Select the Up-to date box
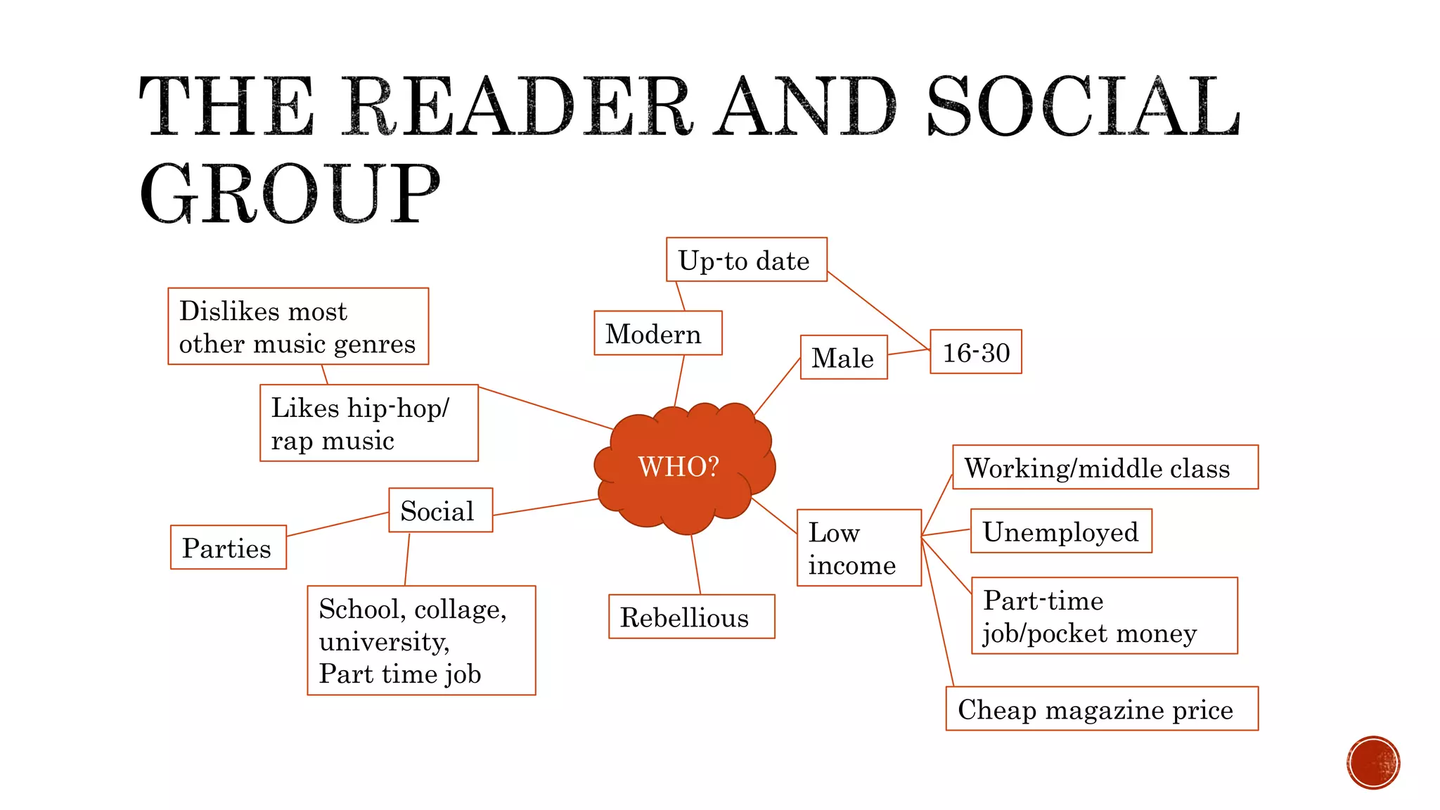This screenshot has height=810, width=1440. tap(746, 260)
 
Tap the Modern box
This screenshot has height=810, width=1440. tap(657, 333)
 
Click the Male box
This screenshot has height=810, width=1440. tap(843, 357)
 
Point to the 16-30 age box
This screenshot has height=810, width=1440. tap(975, 352)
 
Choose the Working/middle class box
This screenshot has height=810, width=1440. tap(1105, 467)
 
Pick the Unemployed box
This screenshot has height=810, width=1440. tap(1060, 531)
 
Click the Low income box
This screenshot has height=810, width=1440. tap(859, 548)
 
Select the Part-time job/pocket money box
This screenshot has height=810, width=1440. tap(1104, 616)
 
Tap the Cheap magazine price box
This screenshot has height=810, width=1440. tap(1101, 709)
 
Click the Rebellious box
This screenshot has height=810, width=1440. tap(691, 617)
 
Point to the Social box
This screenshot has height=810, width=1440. tap(440, 510)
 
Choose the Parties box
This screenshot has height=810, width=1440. tap(228, 547)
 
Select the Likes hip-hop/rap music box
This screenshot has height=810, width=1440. tap(368, 423)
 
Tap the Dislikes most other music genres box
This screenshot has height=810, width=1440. tap(298, 326)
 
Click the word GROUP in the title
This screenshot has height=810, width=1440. tap(290, 193)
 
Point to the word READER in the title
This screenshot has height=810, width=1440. tap(517, 107)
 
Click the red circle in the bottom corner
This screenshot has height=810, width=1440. tap(1372, 763)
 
